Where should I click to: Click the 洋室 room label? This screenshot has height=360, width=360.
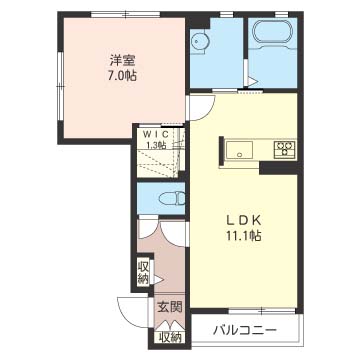click(122, 61)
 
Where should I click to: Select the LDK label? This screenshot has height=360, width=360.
click(244, 221)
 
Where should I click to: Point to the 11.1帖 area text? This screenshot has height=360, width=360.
click(244, 236)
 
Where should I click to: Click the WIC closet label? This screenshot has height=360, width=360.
click(158, 134)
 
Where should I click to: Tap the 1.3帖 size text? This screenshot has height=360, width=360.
click(157, 145)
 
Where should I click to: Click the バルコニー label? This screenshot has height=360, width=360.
click(245, 331)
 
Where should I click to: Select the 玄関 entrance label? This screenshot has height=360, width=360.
click(170, 307)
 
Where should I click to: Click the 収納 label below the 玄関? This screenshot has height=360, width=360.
click(170, 337)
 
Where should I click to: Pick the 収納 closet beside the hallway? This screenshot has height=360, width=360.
click(143, 272)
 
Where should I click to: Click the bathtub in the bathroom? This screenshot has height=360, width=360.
click(273, 33)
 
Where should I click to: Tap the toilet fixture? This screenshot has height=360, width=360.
click(172, 199)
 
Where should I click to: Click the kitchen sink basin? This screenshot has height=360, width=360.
click(239, 150)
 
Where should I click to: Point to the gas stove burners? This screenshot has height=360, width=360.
click(284, 149)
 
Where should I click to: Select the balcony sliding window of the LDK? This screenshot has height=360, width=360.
click(262, 311)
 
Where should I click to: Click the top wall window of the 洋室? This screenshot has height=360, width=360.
click(126, 14)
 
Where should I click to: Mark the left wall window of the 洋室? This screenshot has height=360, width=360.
click(60, 86)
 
